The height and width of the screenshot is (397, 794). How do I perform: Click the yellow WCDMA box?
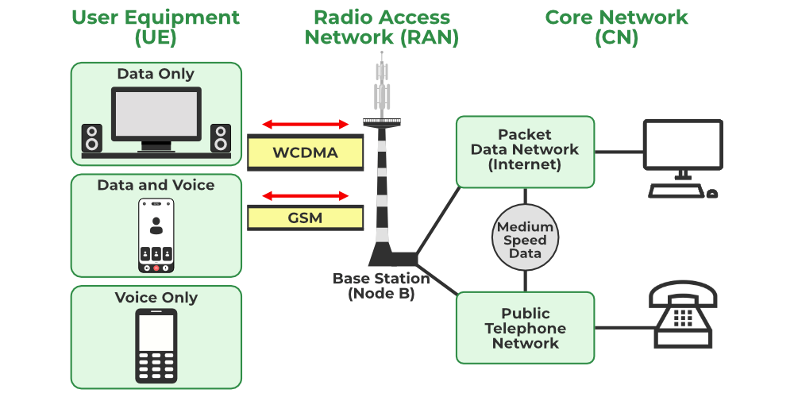click(305, 152)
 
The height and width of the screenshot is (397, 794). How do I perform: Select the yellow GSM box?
click(305, 218)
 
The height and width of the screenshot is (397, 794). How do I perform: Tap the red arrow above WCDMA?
click(306, 124)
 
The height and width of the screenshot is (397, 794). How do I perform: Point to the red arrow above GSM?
click(306, 195)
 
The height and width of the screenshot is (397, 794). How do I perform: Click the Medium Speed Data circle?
click(525, 239)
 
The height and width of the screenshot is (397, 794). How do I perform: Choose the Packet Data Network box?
click(525, 152)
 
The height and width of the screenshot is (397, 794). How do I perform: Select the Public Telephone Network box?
click(525, 328)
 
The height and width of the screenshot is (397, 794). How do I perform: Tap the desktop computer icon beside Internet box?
click(683, 157)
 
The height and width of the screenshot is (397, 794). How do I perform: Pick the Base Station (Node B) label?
click(381, 286)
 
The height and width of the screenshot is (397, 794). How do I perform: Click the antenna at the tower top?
click(384, 83)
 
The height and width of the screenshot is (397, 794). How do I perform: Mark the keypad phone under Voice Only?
click(156, 346)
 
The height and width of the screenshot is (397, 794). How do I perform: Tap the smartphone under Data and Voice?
click(156, 235)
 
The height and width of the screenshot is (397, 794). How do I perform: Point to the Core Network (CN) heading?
click(616, 27)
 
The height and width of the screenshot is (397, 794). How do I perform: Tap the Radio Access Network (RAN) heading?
click(382, 27)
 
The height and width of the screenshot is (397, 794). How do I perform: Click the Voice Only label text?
click(156, 298)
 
